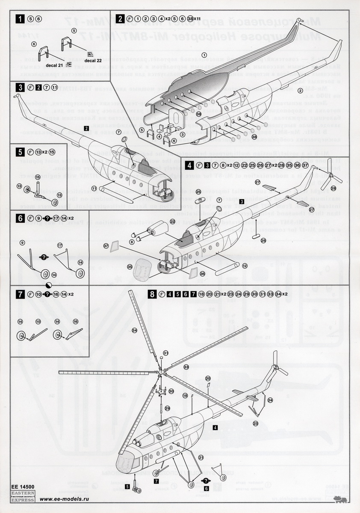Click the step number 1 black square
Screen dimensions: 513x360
(x=19, y=18)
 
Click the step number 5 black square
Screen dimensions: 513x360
(x=19, y=152)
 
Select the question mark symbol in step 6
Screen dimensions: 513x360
(x=44, y=256)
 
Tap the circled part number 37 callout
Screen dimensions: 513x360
(x=106, y=246)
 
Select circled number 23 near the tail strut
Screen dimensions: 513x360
(x=255, y=423)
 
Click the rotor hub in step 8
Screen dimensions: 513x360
(x=159, y=373)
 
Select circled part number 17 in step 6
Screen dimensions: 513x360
(x=60, y=245)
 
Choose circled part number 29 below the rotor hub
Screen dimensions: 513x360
(x=168, y=408)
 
